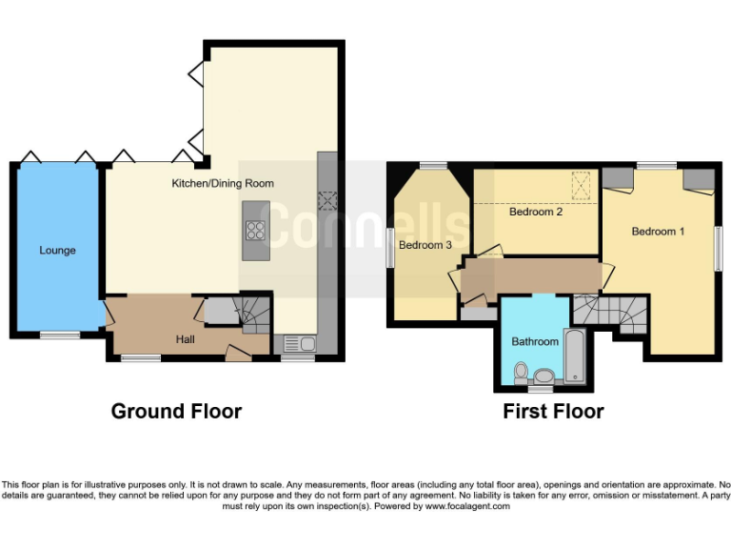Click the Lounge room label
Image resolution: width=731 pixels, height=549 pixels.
pos(57,251)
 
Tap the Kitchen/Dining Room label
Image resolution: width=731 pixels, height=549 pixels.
pos(222,183)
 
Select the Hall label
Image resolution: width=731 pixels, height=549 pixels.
pos(186,338)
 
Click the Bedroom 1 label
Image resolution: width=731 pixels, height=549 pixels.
pos(658,232)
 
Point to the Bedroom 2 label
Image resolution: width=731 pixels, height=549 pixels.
pos(535,212)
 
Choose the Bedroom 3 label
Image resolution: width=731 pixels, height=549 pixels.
pos(425,245)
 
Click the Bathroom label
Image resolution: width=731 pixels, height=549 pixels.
pos(534,340)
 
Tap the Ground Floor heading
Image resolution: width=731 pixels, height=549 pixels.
pos(176,411)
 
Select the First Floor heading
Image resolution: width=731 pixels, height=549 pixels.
pos(553,411)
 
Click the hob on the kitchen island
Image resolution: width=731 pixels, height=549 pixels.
pos(255,229)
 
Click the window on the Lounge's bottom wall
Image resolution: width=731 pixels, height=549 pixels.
pos(59,335)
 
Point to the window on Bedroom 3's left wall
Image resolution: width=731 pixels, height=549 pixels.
pos(390,249)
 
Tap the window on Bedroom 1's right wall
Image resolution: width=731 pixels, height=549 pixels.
pos(719,247)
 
